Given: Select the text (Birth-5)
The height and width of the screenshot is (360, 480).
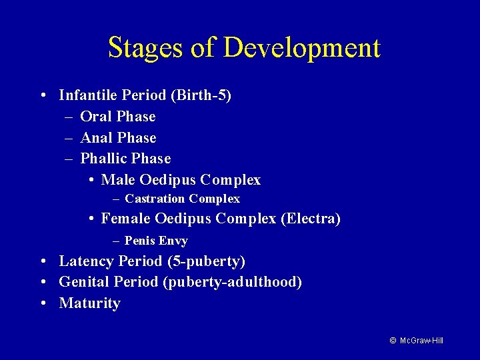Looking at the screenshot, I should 201,95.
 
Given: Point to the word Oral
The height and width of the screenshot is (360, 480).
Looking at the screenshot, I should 95,117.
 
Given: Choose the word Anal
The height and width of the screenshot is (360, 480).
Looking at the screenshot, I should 96,138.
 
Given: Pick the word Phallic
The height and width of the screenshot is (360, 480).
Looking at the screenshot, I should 103,159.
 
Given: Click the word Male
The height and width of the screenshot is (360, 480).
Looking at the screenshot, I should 119,180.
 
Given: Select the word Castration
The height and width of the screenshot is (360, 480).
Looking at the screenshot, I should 155,199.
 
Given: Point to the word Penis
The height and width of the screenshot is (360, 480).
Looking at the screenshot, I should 139,241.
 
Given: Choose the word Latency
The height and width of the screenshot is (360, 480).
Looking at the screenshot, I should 86,261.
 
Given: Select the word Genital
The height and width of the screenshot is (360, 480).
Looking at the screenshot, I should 84,282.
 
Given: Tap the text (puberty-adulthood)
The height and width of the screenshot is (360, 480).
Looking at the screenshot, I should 232,282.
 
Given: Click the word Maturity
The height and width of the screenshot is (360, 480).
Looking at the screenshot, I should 90,303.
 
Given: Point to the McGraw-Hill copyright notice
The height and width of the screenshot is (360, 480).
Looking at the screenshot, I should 416,341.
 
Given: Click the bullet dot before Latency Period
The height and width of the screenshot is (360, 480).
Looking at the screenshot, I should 42,261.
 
